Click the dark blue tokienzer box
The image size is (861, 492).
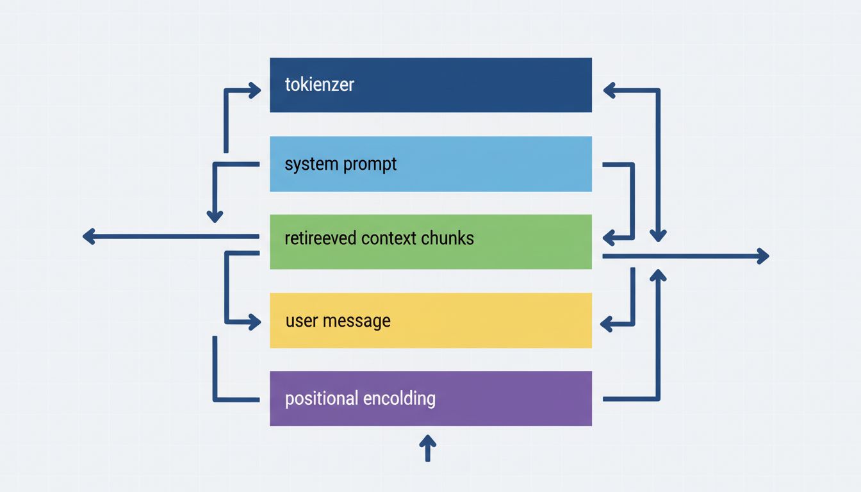(430, 85)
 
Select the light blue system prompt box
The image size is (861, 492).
(430, 164)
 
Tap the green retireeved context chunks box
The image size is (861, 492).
(430, 242)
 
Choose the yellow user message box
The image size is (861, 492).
(430, 320)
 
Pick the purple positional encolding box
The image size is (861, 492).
(430, 398)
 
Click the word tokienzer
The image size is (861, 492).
(319, 85)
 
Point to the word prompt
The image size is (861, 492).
(370, 165)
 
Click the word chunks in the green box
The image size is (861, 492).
(447, 238)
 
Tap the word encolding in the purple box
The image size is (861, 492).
(399, 398)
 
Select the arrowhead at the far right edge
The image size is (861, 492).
(762, 256)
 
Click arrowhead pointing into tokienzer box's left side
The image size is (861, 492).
(255, 90)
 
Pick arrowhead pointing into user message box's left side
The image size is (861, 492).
(255, 322)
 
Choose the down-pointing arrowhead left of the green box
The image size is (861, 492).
(215, 217)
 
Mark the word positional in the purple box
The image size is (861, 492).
(321, 398)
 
